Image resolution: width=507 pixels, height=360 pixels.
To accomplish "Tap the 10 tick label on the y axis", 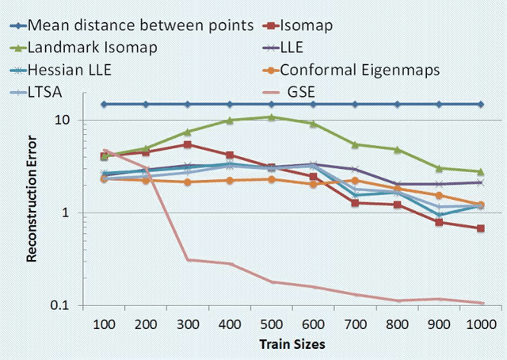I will pyautogui.click(x=61, y=120).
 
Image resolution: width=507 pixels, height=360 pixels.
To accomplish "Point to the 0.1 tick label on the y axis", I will pyautogui.click(x=58, y=306).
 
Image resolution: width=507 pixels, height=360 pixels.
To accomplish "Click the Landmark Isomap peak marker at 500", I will pyautogui.click(x=272, y=117).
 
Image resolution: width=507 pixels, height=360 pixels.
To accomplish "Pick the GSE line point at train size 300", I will pyautogui.click(x=188, y=259).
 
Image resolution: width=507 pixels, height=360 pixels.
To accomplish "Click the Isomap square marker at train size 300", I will pyautogui.click(x=188, y=144).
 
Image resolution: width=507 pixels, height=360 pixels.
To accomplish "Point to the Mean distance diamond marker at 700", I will pyautogui.click(x=356, y=104).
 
